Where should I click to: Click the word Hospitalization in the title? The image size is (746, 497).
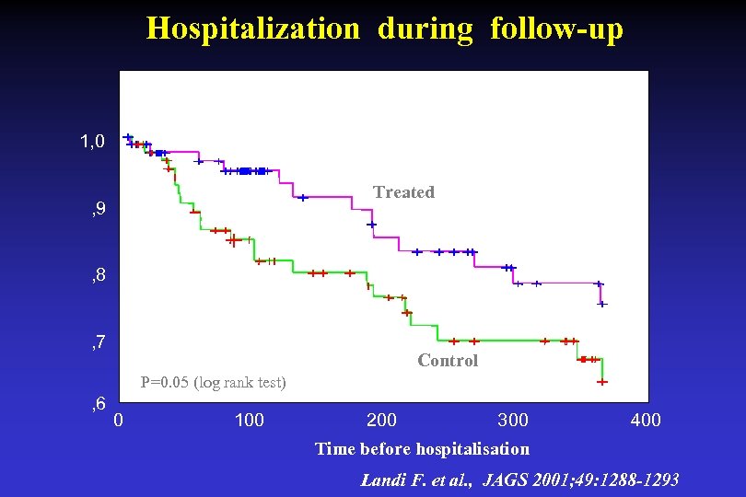[252, 29]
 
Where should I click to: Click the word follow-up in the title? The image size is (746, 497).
[556, 29]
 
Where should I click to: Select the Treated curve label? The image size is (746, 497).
[403, 192]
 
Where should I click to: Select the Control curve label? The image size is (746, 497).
[448, 361]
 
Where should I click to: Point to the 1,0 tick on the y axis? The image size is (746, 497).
[92, 142]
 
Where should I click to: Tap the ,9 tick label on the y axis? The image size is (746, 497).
[97, 211]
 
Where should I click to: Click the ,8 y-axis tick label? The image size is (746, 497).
[97, 275]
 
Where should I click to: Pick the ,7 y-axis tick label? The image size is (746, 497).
[97, 343]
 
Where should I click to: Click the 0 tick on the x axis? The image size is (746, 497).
[118, 421]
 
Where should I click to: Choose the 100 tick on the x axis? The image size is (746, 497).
[250, 421]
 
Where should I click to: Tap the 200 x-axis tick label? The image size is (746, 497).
[381, 421]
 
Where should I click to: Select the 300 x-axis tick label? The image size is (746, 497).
[513, 421]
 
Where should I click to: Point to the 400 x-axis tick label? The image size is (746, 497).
[645, 421]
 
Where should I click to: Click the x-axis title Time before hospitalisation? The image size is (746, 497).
[422, 449]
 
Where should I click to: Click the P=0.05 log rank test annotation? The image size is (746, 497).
[213, 382]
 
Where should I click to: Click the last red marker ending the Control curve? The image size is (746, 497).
[602, 381]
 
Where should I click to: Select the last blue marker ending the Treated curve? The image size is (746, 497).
[602, 303]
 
